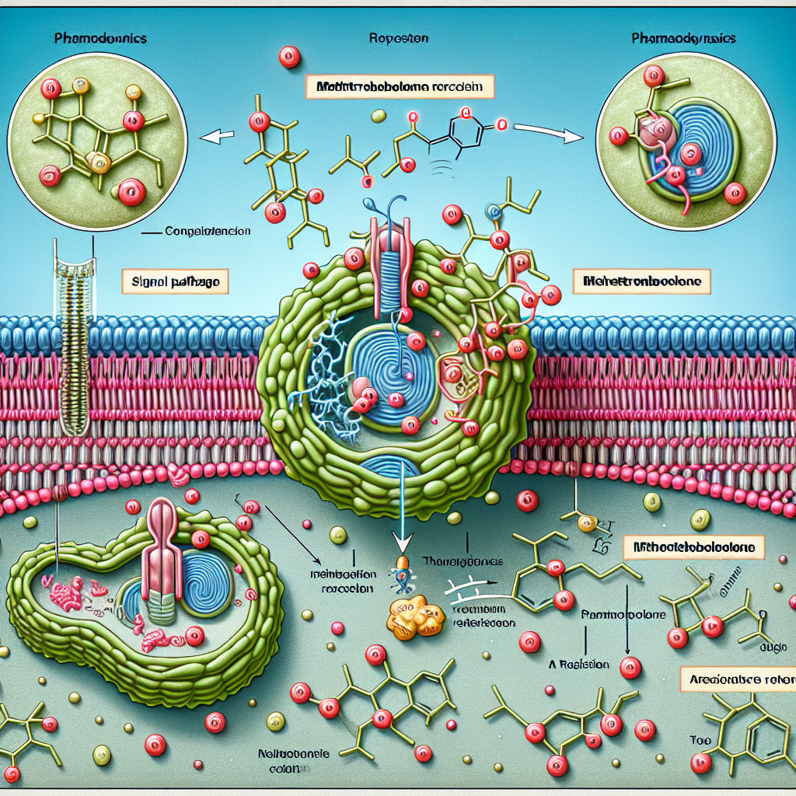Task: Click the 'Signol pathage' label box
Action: click(176, 281)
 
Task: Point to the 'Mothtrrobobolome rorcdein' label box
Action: click(400, 86)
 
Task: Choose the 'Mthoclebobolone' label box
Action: click(694, 548)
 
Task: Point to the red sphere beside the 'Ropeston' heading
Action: click(289, 56)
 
